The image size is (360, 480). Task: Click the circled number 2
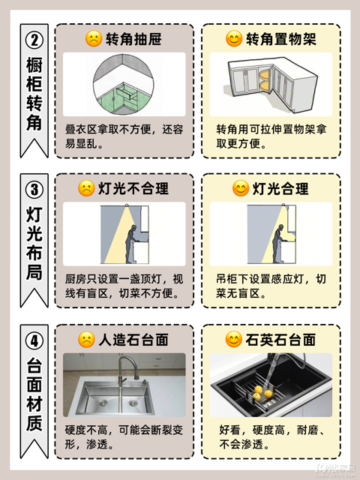tap(34, 40)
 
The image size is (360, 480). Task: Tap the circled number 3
tap(34, 190)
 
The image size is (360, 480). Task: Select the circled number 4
tap(34, 340)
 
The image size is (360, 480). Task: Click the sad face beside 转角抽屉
tap(94, 38)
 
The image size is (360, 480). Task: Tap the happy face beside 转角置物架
tap(234, 38)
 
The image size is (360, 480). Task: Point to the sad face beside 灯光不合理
tap(86, 188)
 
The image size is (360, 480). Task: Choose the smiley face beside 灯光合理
tap(241, 188)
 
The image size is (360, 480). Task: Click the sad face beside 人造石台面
tap(86, 340)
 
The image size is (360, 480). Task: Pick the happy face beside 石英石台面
tap(234, 340)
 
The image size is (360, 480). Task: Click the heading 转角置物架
tap(281, 39)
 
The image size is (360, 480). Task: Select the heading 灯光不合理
tap(133, 188)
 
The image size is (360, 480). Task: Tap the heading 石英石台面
tap(280, 340)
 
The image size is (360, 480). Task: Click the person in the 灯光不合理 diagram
tap(131, 244)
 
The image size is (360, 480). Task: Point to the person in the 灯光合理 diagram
tap(278, 244)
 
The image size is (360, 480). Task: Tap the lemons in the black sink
tap(262, 393)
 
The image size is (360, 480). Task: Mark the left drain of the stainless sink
tap(103, 402)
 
